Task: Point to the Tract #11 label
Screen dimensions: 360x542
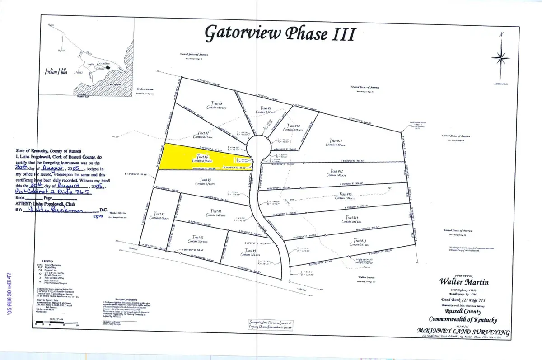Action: (335, 141)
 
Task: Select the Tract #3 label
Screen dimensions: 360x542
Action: (248, 252)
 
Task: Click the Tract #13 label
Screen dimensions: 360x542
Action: (345, 195)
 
